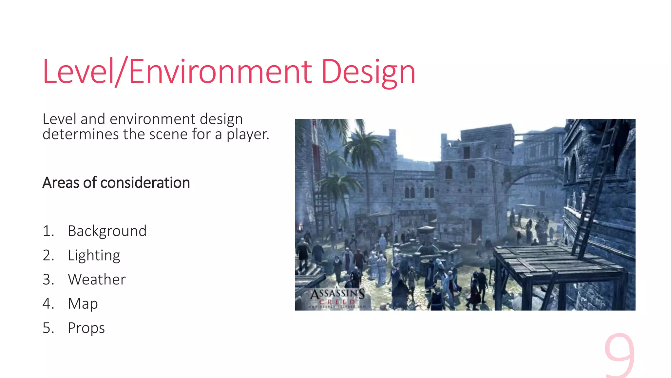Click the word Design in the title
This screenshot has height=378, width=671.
point(368,72)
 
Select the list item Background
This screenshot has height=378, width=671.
point(107,231)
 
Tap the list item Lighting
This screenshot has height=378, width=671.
point(94,255)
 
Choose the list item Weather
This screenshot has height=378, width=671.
point(97,280)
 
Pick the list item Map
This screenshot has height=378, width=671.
point(83,304)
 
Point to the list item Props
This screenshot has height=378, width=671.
point(86,328)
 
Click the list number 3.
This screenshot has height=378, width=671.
point(48,280)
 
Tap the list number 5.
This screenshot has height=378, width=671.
point(48,328)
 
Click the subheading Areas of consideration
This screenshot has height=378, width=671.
point(116,183)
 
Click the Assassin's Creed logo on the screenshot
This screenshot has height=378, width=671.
point(337,297)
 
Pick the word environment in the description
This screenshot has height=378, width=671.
point(153,119)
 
